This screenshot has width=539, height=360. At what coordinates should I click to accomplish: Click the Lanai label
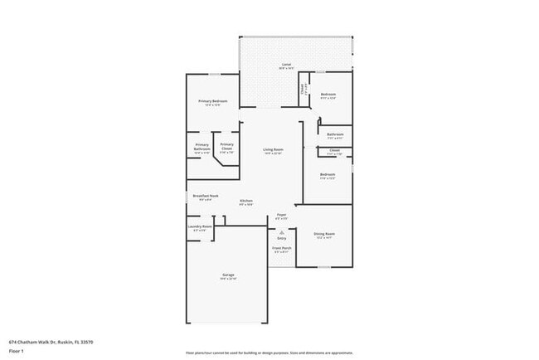click(x=285, y=64)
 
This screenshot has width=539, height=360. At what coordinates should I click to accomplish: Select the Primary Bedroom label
click(x=213, y=101)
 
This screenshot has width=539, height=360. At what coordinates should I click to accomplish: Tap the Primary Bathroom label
click(x=202, y=145)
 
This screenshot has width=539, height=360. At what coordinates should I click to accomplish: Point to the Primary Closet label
click(x=226, y=145)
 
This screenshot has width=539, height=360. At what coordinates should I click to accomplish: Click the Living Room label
click(x=273, y=149)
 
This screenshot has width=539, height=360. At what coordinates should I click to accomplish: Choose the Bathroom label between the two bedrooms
click(x=335, y=134)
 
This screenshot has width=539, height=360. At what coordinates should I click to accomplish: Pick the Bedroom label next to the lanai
click(x=328, y=95)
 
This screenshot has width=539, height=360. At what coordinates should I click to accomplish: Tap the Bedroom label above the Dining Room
click(x=327, y=174)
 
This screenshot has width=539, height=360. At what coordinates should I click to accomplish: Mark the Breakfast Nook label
click(x=205, y=196)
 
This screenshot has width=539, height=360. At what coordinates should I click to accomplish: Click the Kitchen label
click(x=246, y=201)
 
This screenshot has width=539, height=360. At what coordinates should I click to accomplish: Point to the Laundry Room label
click(x=202, y=226)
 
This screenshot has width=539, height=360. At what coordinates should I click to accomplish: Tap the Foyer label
click(x=282, y=215)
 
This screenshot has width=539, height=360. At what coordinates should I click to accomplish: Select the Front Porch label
click(x=282, y=247)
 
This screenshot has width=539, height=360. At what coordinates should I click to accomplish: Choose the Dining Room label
click(x=324, y=234)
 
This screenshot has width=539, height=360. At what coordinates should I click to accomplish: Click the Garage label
click(x=228, y=275)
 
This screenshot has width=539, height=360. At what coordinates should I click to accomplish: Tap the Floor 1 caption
click(x=17, y=351)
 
